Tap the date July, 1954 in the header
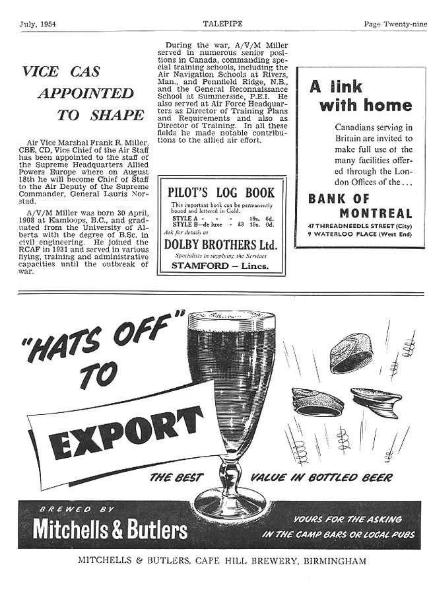click(37, 24)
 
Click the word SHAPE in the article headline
click(118, 115)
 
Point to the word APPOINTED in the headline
click(85, 92)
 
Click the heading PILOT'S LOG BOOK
click(221, 194)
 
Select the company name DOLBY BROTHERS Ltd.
click(221, 245)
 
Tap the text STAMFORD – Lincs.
click(220, 266)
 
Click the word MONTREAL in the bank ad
click(376, 213)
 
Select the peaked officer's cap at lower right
click(376, 400)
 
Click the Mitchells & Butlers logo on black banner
click(110, 529)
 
